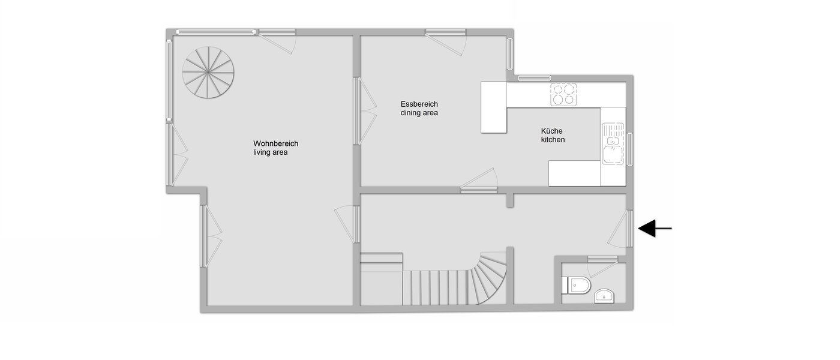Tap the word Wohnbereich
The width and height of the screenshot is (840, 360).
(x=275, y=144)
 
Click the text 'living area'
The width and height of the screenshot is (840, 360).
(x=270, y=153)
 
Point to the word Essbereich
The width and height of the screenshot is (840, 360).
(x=419, y=104)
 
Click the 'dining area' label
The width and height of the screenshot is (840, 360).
(x=419, y=113)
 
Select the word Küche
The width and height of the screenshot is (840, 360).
(x=552, y=131)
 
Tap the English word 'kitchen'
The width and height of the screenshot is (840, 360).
(x=553, y=140)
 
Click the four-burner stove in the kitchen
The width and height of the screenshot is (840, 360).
(x=563, y=93)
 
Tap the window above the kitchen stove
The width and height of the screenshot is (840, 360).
(x=534, y=77)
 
